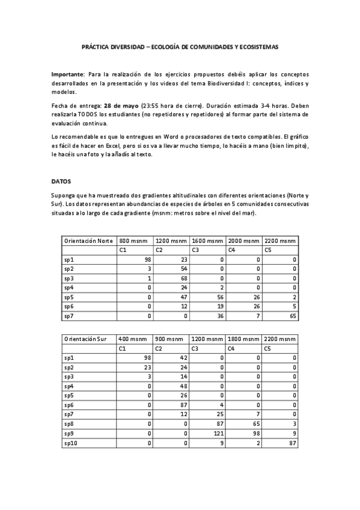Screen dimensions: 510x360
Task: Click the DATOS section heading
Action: pos(61,180)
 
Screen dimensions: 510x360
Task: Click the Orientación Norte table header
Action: pos(88,241)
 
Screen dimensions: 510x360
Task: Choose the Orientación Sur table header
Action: pos(85,340)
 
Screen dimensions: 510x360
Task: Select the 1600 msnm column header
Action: pos(207,241)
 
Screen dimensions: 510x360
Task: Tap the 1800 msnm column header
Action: pos(243,340)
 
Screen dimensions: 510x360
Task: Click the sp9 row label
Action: pos(70,433)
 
